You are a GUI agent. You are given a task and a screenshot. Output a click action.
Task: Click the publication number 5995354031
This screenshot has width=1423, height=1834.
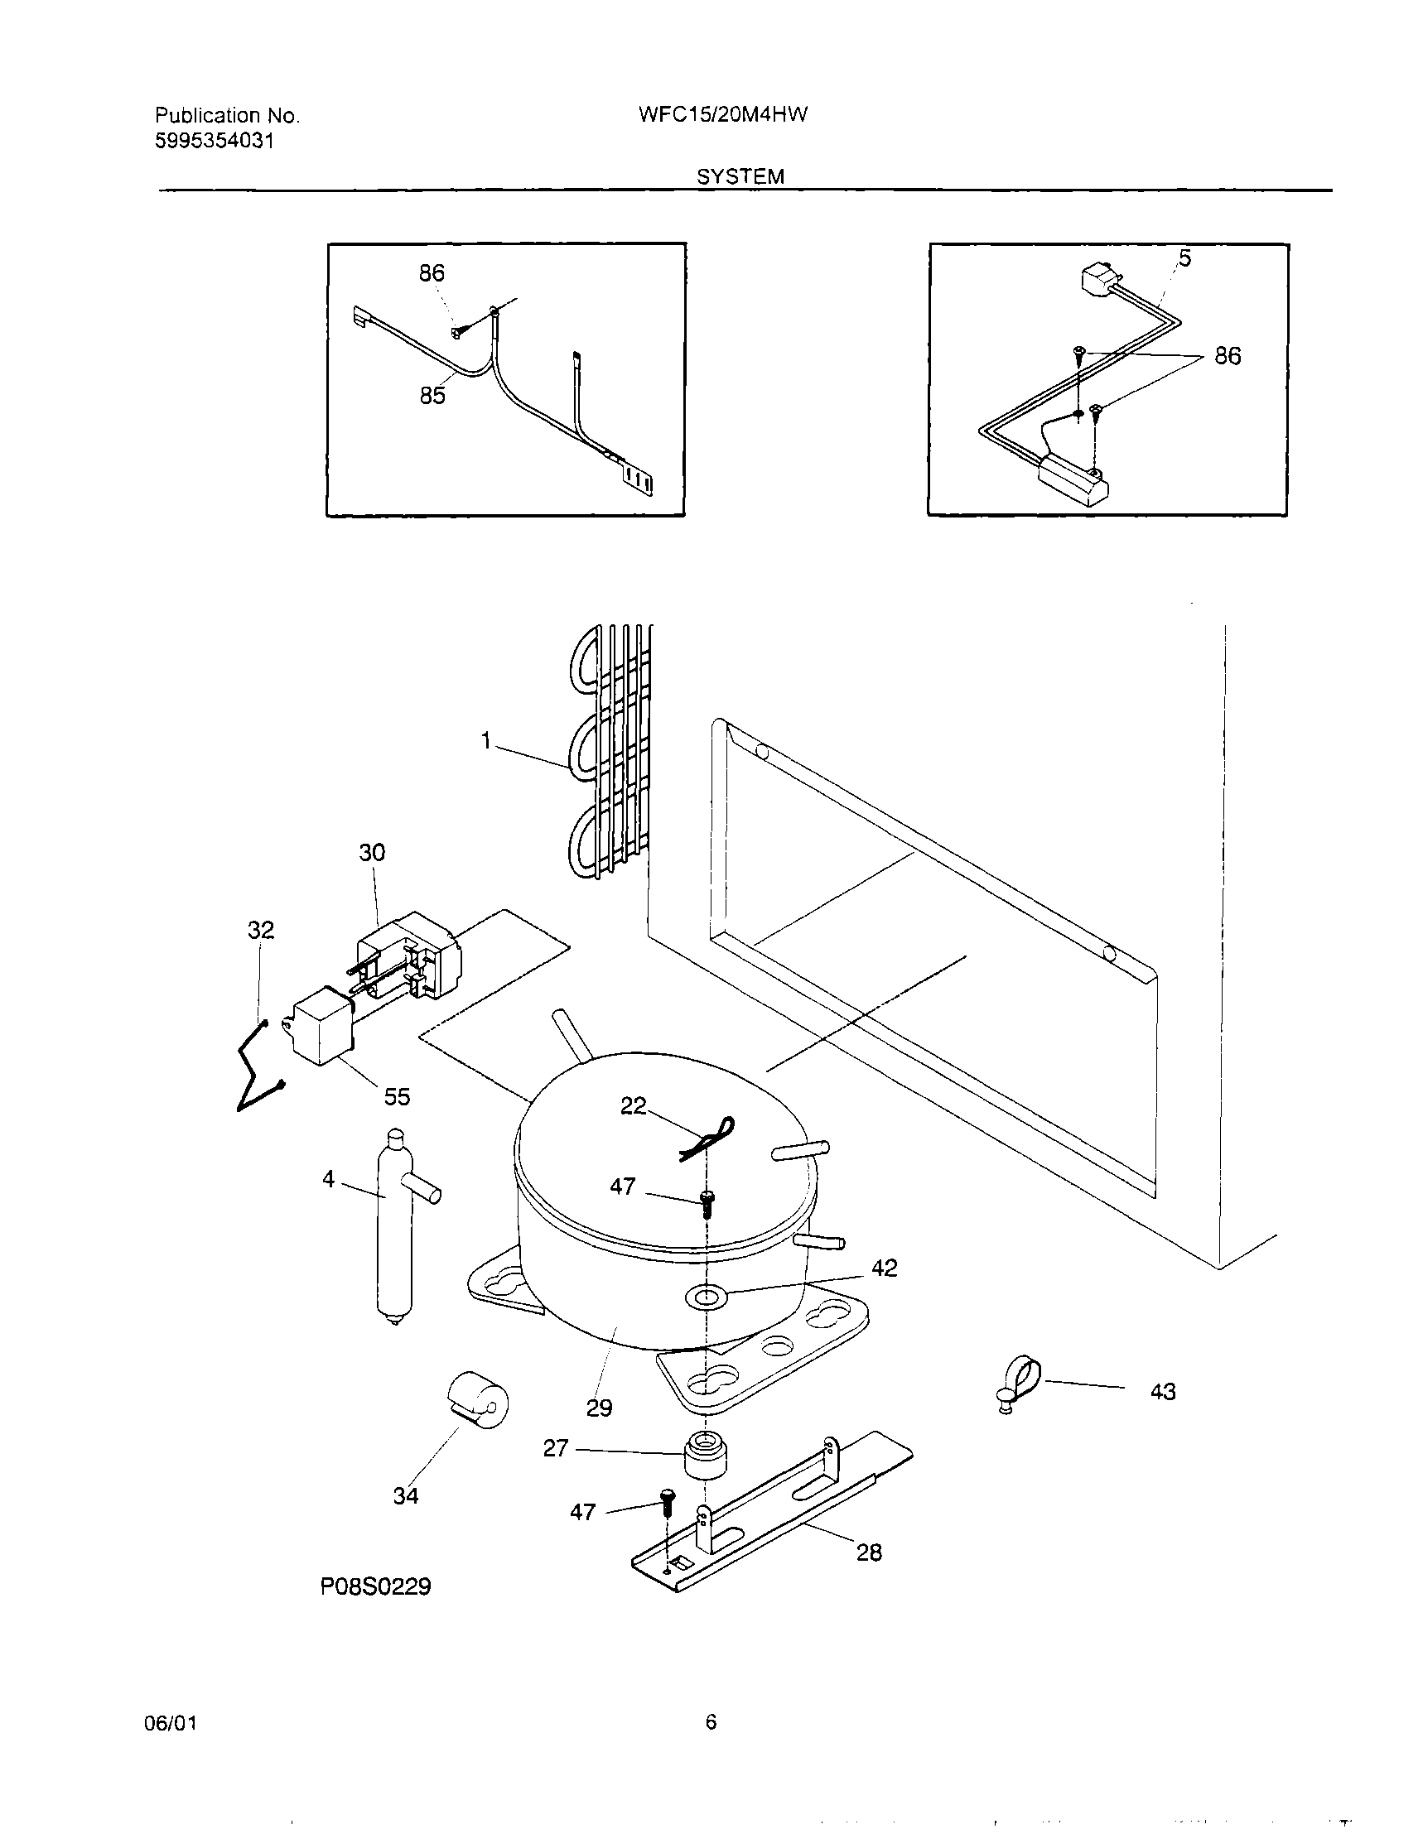point(215,141)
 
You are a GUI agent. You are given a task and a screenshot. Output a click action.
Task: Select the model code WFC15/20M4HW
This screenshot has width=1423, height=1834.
point(722,115)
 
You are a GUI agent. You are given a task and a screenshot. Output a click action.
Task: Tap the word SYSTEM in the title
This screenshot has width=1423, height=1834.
point(740,176)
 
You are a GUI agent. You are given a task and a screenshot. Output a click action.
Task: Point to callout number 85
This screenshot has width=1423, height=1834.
point(432,395)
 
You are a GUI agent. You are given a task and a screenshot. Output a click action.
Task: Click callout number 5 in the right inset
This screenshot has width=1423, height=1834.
point(1184,258)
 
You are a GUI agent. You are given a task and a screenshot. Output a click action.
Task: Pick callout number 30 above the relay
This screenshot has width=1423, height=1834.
point(372,852)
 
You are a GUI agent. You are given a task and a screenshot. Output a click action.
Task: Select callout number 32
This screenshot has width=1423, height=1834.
point(260,930)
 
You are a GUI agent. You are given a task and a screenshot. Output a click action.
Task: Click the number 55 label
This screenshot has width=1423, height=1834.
point(397,1096)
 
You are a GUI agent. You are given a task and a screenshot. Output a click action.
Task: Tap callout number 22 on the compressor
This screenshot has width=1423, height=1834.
point(634,1106)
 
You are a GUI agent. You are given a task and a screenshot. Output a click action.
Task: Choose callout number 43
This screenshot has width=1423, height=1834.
point(1163,1392)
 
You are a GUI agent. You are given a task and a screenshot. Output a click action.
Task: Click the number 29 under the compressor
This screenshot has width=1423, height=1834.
point(599,1408)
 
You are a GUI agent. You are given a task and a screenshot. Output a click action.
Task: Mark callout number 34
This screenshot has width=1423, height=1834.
point(406,1495)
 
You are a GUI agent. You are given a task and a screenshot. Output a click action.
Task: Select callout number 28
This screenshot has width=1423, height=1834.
point(869,1552)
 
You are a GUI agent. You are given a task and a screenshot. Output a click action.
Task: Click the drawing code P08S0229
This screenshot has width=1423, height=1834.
point(375,1586)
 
